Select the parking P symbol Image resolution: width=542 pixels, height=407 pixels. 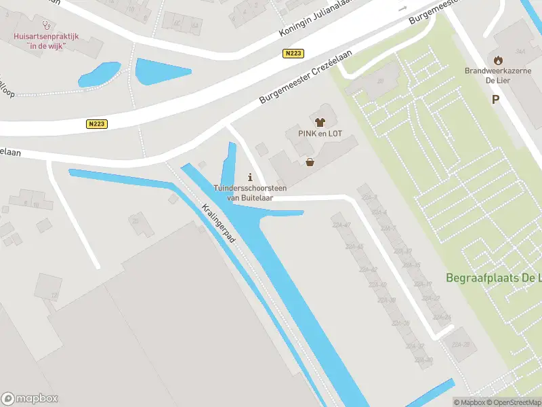coord(496,100)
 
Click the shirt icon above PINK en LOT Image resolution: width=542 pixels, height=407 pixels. coord(320,122)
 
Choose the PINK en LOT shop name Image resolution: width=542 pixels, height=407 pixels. coord(320,134)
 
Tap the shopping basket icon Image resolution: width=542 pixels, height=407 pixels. coord(310,162)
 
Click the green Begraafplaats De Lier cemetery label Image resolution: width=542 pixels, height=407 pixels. coord(493,277)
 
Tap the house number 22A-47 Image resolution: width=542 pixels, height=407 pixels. coord(341,225)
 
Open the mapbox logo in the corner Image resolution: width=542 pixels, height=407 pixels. coord(29,398)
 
